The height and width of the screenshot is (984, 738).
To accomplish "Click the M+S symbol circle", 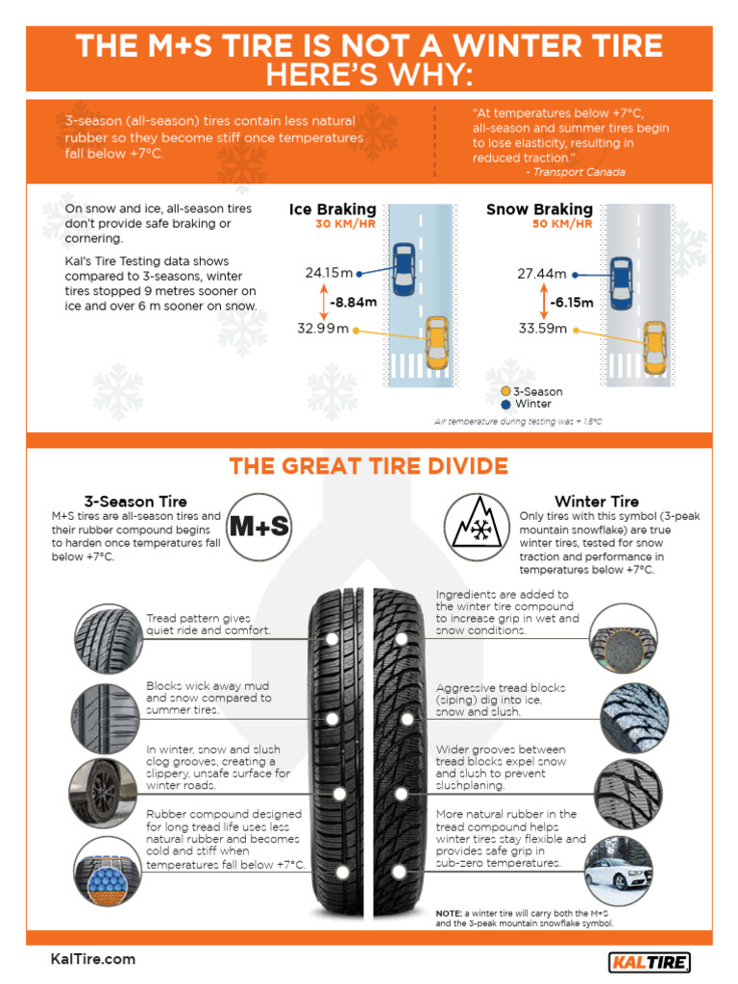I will pyautogui.click(x=258, y=528).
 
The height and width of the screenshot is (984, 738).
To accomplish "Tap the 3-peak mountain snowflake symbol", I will pyautogui.click(x=477, y=528).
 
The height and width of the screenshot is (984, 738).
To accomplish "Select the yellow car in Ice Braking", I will pyautogui.click(x=437, y=341).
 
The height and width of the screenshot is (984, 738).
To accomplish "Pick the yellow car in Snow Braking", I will pyautogui.click(x=655, y=347).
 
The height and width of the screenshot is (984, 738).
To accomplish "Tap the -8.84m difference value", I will pyautogui.click(x=352, y=302).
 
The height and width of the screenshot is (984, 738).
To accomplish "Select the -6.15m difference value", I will pyautogui.click(x=571, y=302).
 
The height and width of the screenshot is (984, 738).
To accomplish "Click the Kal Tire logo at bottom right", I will pyautogui.click(x=650, y=961).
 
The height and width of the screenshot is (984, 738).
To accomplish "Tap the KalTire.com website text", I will pyautogui.click(x=93, y=959).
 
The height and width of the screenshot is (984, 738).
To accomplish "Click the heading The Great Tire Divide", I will pyautogui.click(x=368, y=467).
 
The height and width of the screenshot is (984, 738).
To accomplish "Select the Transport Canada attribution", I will pyautogui.click(x=575, y=172).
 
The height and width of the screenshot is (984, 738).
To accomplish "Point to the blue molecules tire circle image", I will pyautogui.click(x=107, y=866).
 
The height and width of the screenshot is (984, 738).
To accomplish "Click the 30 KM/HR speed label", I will pyautogui.click(x=346, y=224).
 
